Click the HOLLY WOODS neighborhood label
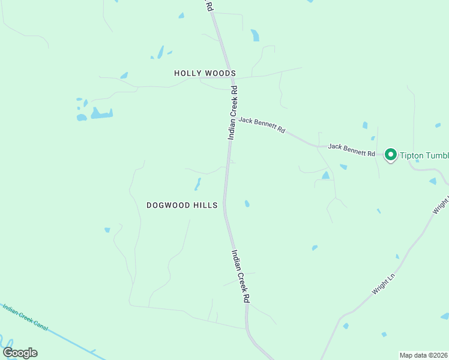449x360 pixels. (205, 73)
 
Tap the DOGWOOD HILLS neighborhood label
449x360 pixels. (182, 205)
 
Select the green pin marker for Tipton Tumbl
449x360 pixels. (390, 155)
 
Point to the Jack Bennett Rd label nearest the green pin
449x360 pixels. (351, 150)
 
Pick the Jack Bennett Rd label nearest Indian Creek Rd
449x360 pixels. (262, 125)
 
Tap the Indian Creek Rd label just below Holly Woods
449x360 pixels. (234, 113)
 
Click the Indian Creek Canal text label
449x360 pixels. (25, 317)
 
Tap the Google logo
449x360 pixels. (20, 353)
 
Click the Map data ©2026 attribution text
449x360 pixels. (423, 355)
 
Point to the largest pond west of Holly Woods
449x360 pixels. (101, 113)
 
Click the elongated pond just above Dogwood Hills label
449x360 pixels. (197, 184)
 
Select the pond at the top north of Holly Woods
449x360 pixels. (255, 35)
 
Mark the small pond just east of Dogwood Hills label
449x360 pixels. (247, 204)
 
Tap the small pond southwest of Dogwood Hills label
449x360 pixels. (107, 230)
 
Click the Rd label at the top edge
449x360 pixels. (209, 6)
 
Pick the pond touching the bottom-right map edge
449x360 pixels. (445, 316)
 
